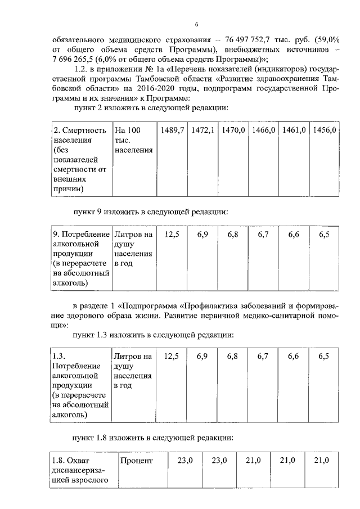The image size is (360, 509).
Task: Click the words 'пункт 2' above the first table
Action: [88, 107]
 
